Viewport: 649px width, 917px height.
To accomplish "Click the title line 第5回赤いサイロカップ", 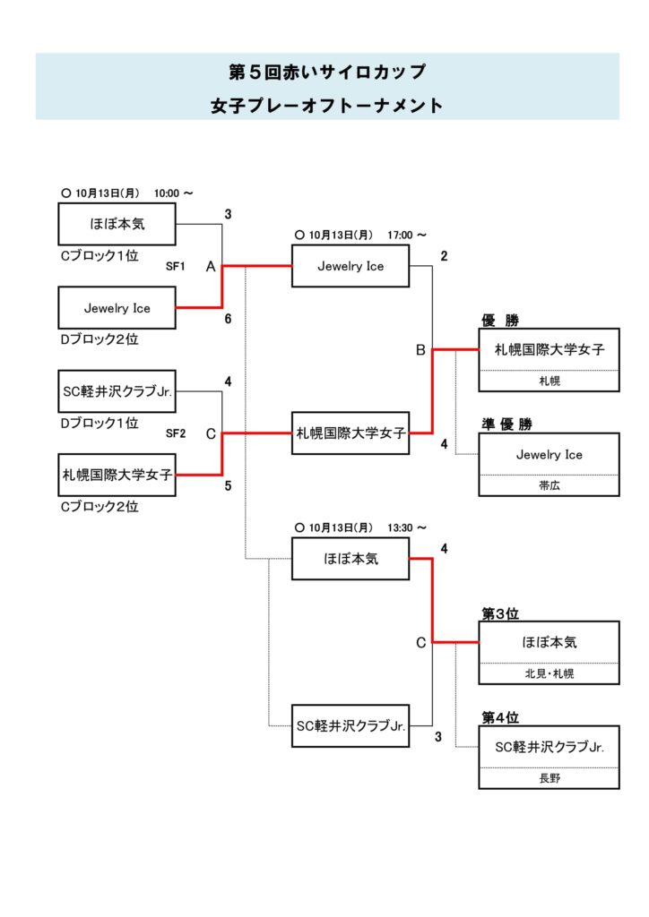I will click(326, 72).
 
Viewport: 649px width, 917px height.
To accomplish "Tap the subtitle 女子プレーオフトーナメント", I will click(326, 106).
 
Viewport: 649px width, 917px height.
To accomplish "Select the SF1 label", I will click(175, 266).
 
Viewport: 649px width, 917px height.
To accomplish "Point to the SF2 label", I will click(175, 433).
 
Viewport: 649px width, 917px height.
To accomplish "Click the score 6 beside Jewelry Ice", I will click(228, 318).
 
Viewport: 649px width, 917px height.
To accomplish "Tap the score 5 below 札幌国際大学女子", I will click(228, 485).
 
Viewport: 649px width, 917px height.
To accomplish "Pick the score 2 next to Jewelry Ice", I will click(443, 256).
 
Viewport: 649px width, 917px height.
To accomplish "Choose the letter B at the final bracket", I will click(420, 351).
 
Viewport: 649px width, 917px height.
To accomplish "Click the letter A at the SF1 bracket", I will click(210, 267).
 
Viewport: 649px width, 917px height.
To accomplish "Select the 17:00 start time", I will click(400, 236).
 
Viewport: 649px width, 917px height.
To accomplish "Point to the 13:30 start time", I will click(400, 528).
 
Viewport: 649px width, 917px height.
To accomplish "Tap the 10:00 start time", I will click(167, 193).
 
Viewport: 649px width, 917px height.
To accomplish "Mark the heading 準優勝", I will click(506, 424).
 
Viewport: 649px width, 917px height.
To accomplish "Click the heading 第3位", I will click(500, 614).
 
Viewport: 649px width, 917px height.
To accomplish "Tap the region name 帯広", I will click(549, 485).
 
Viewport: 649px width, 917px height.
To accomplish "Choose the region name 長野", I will click(549, 778).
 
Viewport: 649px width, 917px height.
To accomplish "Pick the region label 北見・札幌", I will click(549, 673).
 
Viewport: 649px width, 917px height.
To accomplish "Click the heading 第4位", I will click(500, 718).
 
